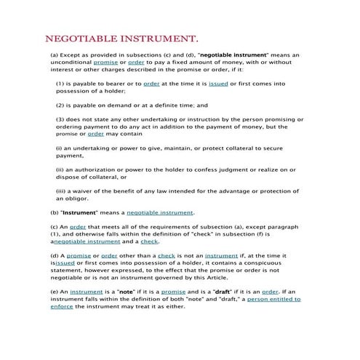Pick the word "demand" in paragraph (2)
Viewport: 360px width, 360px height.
[112, 105]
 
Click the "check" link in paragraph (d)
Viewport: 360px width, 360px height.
[167, 256]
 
